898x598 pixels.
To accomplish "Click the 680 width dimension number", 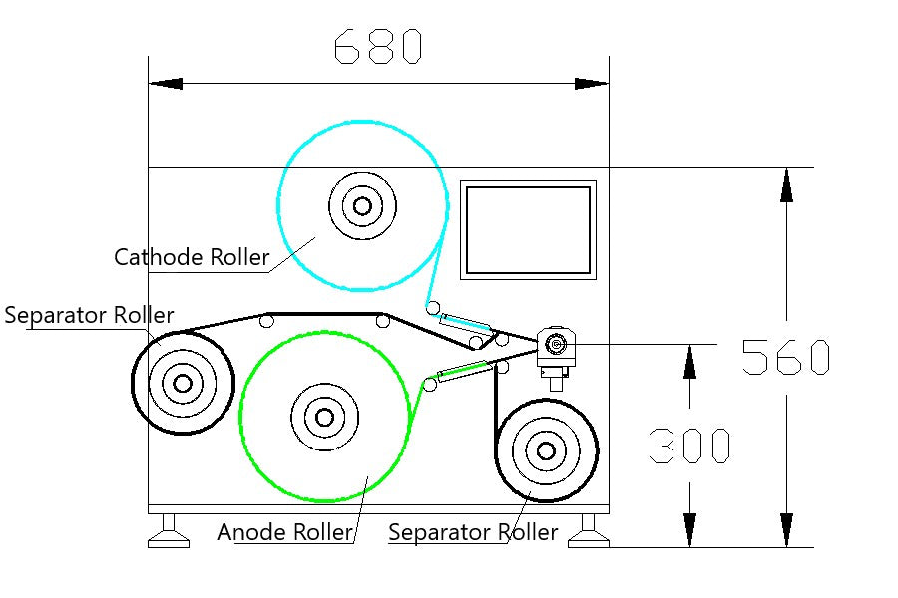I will (x=378, y=46).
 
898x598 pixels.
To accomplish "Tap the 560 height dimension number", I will (x=786, y=357).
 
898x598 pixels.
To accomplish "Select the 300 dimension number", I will (x=689, y=447).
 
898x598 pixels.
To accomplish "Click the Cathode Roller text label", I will (x=192, y=257).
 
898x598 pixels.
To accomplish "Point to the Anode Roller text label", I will (x=285, y=532).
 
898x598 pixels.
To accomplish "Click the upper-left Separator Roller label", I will (x=89, y=316).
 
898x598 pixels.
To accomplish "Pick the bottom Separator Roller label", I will (x=473, y=532).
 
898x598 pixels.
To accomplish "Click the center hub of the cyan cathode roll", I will (x=361, y=206).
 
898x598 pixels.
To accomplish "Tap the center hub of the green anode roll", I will (x=323, y=416).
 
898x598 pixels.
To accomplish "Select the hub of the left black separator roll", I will (x=182, y=383).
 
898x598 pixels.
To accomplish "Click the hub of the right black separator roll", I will (x=546, y=450).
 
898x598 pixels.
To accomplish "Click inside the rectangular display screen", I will (x=528, y=230).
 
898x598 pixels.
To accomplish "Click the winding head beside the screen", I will (x=555, y=345).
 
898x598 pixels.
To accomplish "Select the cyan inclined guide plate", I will (x=466, y=322).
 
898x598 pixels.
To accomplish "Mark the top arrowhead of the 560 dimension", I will (x=786, y=185).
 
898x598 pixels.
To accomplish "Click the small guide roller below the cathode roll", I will (x=432, y=305).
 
